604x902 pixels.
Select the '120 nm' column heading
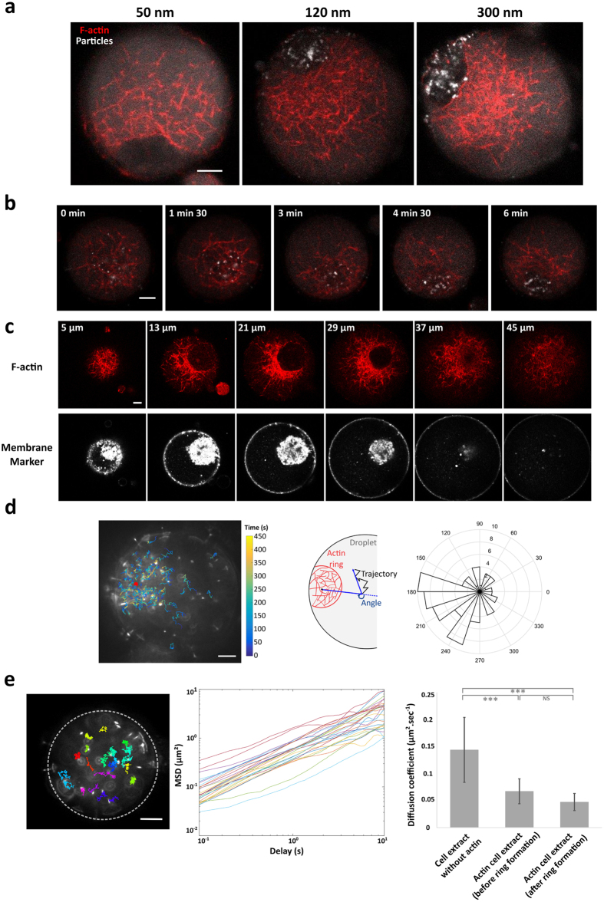[328, 12]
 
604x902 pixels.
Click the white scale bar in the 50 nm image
[210, 170]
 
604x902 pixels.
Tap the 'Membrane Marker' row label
[27, 454]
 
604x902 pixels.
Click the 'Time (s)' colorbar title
[256, 527]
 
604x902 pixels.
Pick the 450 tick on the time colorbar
[259, 537]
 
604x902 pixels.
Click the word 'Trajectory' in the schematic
[379, 574]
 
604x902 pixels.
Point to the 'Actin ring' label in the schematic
[336, 558]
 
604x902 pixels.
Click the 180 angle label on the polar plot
[411, 592]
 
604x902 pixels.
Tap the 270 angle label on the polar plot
[480, 660]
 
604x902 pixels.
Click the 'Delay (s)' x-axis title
[286, 851]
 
